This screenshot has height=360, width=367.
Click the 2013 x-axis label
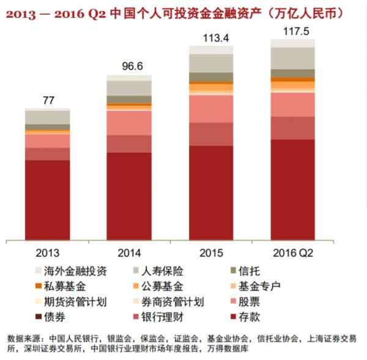tap(47, 252)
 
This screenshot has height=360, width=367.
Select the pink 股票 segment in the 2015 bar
tap(211, 108)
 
